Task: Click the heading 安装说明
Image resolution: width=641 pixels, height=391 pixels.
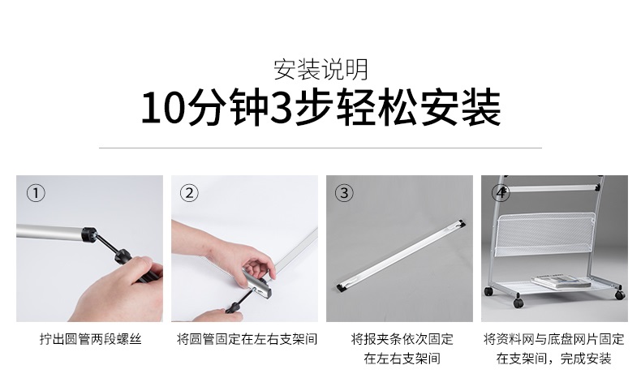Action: (x=320, y=69)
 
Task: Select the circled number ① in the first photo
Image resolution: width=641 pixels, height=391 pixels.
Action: (x=36, y=193)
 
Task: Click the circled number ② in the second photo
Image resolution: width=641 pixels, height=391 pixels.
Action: (x=189, y=193)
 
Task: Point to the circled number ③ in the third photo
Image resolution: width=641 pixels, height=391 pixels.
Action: (x=345, y=193)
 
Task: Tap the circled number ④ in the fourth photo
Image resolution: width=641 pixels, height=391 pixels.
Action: (x=501, y=193)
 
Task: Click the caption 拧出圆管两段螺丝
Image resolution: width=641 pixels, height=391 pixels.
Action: (x=89, y=338)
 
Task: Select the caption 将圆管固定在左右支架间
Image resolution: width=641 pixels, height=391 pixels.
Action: (x=246, y=338)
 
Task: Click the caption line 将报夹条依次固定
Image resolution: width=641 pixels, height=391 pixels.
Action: (x=402, y=338)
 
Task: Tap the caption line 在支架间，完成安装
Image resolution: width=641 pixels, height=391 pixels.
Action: (x=553, y=358)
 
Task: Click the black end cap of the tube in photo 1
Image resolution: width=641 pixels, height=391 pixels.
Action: (x=88, y=234)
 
